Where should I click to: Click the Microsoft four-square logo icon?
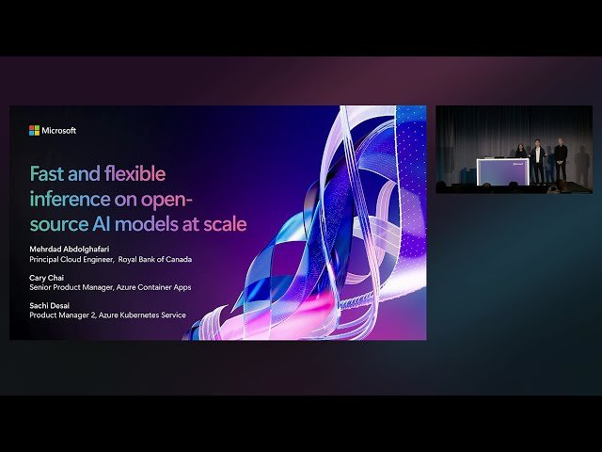[34, 131]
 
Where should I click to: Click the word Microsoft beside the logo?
[59, 131]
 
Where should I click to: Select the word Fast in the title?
[48, 174]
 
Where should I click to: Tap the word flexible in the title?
[131, 174]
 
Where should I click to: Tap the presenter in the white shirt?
[537, 160]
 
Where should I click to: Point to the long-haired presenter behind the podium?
[518, 156]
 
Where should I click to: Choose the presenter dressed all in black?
[560, 160]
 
